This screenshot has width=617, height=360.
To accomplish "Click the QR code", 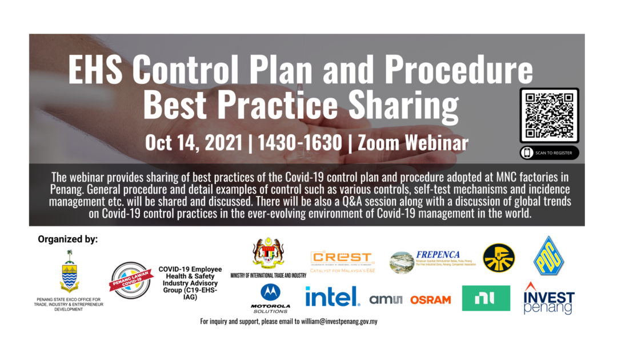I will tap(549, 114).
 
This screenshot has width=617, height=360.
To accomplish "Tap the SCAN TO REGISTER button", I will tap(549, 153).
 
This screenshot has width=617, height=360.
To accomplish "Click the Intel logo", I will tap(332, 297).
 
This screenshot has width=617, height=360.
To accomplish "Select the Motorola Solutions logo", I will tap(270, 298).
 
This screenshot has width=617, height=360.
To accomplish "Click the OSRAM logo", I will tap(430, 299).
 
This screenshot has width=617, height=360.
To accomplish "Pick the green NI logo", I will tap(486, 298).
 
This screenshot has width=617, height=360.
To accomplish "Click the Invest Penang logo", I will tap(548, 298).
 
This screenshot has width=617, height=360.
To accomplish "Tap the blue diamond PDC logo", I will tap(548, 255).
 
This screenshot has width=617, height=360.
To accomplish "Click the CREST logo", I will tap(342, 259).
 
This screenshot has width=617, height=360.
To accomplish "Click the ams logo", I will tap(386, 299).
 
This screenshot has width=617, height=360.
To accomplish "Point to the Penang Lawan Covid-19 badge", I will tap(131, 279).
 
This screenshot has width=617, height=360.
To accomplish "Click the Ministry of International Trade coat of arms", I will tap(268, 254).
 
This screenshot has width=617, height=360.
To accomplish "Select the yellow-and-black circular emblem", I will tap(499, 258).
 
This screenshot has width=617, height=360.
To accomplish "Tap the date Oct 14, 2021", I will tap(194, 142).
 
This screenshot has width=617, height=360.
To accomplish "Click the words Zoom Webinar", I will tap(412, 142).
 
